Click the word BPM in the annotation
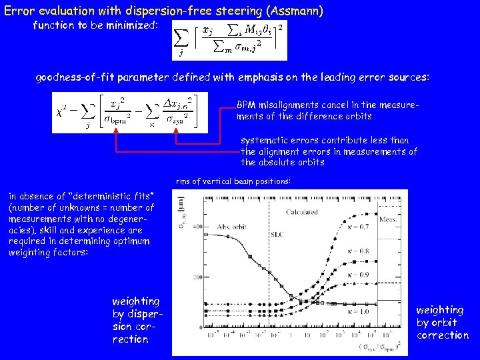point(247,105)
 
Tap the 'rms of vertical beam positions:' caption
point(233,181)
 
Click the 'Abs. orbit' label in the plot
point(231,227)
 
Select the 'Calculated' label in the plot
point(301,212)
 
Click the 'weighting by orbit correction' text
point(442,323)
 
